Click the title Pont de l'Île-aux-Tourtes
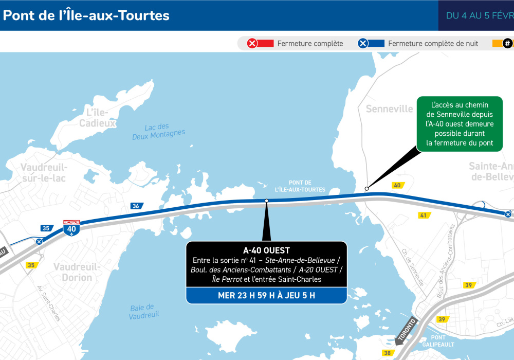[86, 15]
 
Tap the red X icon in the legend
[252, 44]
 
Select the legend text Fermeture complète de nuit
[433, 44]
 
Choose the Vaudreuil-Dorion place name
[73, 272]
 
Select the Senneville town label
[389, 109]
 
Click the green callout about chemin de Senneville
[460, 124]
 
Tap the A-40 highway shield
[71, 228]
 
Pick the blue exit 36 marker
[136, 206]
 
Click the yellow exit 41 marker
[424, 215]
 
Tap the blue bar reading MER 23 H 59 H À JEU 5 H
[266, 295]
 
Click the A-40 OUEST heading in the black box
[266, 250]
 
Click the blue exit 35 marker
[46, 228]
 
